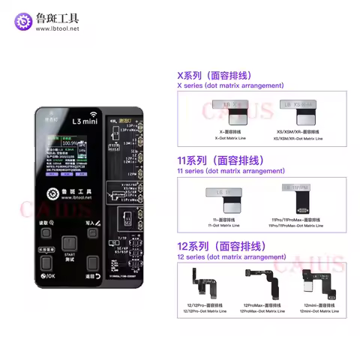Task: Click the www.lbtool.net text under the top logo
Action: point(66,28)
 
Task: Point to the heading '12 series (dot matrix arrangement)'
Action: point(225,257)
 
